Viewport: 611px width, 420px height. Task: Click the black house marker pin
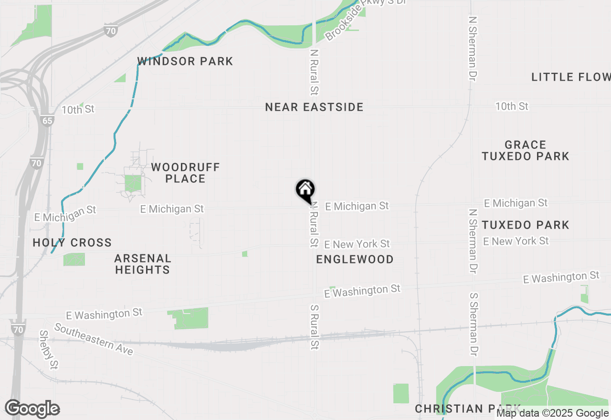305,190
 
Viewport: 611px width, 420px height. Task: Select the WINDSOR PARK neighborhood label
185,62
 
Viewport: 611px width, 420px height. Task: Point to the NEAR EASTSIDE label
314,107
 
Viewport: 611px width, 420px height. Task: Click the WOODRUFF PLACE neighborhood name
185,173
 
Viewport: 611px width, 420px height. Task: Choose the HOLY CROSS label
72,243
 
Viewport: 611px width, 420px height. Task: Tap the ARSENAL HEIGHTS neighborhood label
142,264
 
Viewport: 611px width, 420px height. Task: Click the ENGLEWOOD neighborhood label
355,260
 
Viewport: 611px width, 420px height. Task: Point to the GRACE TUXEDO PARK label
525,150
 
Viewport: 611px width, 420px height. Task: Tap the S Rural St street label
314,327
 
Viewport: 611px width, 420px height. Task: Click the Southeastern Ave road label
93,339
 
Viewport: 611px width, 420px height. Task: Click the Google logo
32,409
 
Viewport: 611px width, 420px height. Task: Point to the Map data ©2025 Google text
552,413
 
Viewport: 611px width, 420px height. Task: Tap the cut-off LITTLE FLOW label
571,77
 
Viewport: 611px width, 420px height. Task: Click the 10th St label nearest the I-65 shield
78,110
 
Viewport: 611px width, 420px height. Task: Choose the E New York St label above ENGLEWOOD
357,244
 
